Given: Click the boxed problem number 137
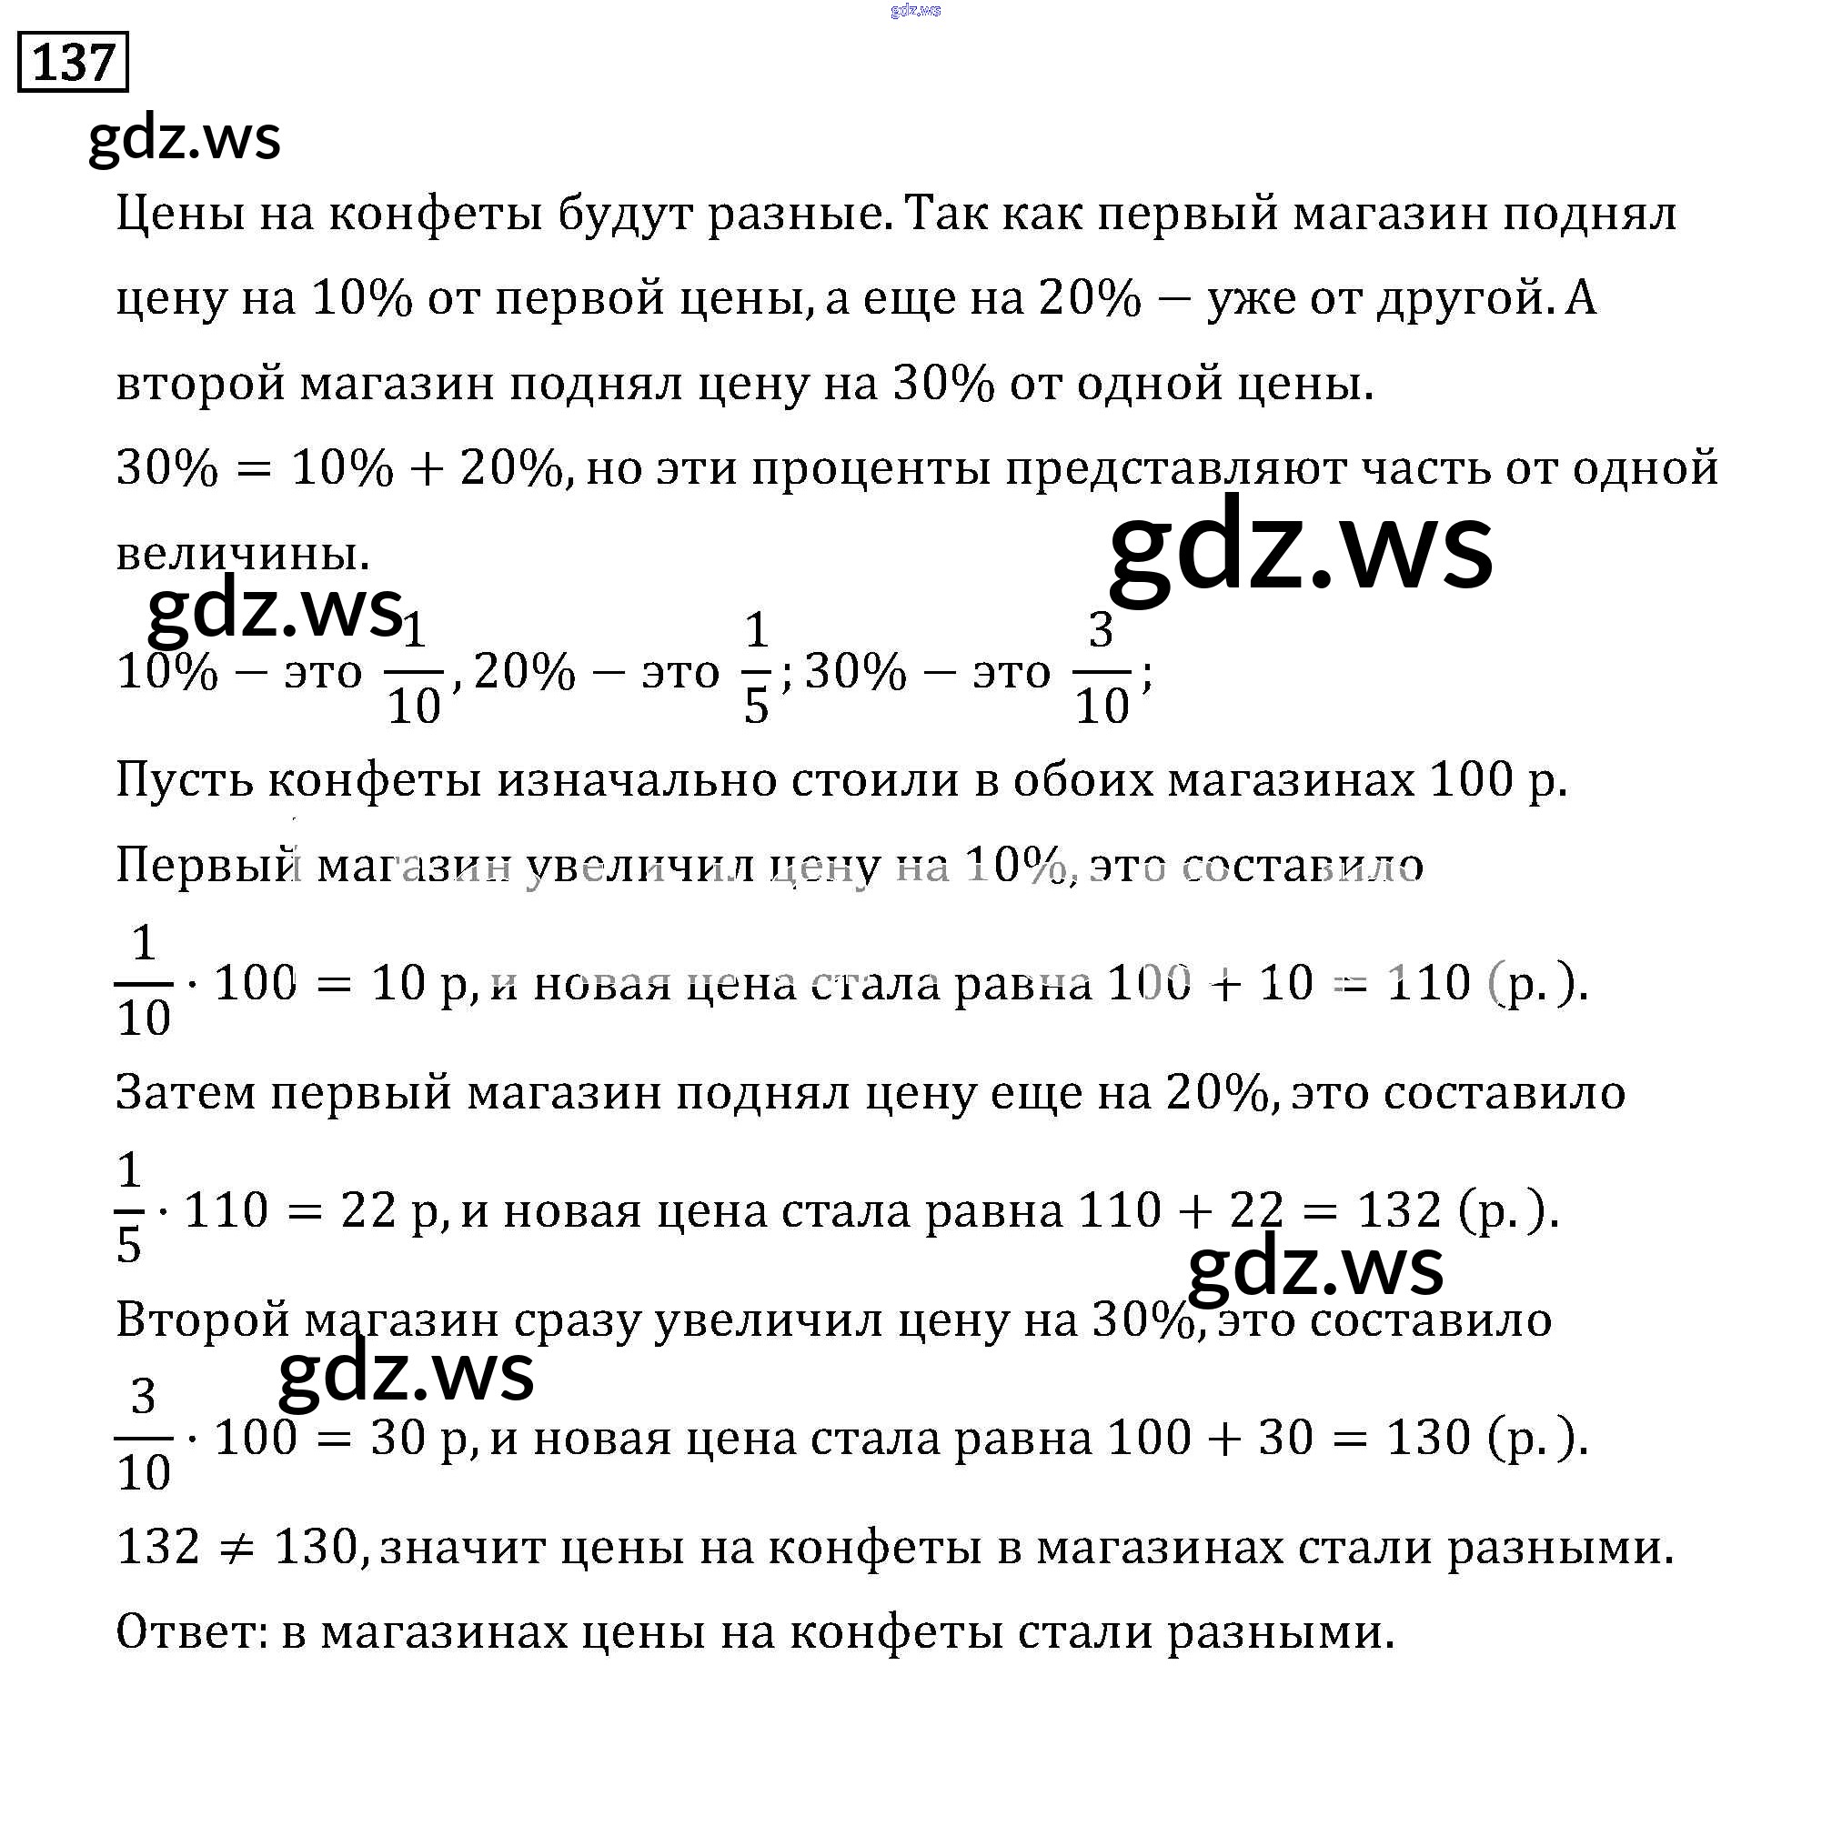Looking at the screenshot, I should [73, 63].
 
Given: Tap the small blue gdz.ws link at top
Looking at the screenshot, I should [915, 10].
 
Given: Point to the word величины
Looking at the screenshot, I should [243, 553].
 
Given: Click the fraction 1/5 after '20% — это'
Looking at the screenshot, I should [756, 669].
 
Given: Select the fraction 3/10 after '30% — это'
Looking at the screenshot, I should [1101, 669].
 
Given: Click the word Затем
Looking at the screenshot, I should [186, 1092].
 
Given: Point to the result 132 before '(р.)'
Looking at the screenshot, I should [1400, 1210].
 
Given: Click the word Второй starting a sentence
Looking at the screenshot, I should [202, 1319].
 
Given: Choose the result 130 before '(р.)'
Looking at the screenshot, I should [1429, 1438].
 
